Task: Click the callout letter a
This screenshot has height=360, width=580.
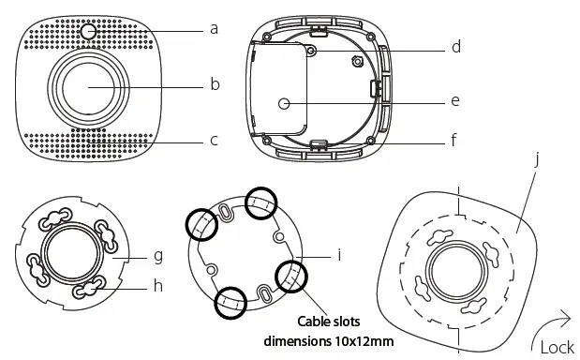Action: [214, 29]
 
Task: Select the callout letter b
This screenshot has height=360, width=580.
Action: [215, 84]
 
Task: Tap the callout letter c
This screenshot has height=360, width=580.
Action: [214, 141]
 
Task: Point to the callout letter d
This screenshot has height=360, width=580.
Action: [456, 47]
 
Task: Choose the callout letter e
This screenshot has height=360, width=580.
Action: [455, 100]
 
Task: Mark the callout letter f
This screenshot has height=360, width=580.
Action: [454, 140]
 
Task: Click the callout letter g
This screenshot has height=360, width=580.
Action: [158, 256]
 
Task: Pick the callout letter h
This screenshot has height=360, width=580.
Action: [158, 285]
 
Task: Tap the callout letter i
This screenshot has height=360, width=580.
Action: [339, 254]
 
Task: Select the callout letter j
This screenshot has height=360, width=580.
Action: [536, 159]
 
